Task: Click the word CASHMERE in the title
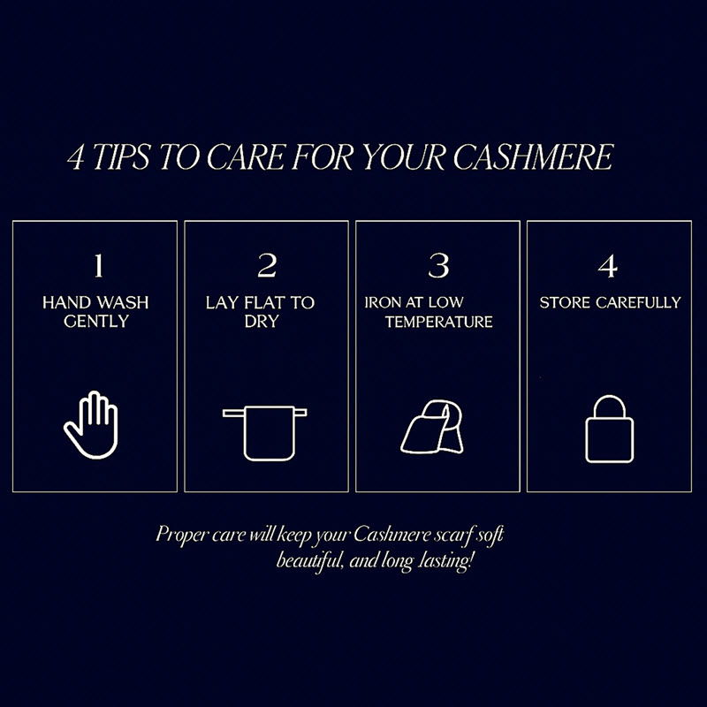(533, 157)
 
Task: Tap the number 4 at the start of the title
(76, 158)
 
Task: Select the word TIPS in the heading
(121, 157)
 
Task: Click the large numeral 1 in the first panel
(99, 266)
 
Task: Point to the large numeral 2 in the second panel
(267, 266)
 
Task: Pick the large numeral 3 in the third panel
(438, 266)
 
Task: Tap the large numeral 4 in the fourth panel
(608, 266)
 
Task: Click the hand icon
(92, 425)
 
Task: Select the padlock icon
(609, 430)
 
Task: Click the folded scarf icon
(432, 427)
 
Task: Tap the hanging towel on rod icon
(264, 433)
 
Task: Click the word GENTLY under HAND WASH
(96, 321)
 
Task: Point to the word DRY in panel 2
(262, 321)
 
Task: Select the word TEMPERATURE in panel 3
(438, 322)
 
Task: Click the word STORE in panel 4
(565, 302)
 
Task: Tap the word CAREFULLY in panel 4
(638, 302)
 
